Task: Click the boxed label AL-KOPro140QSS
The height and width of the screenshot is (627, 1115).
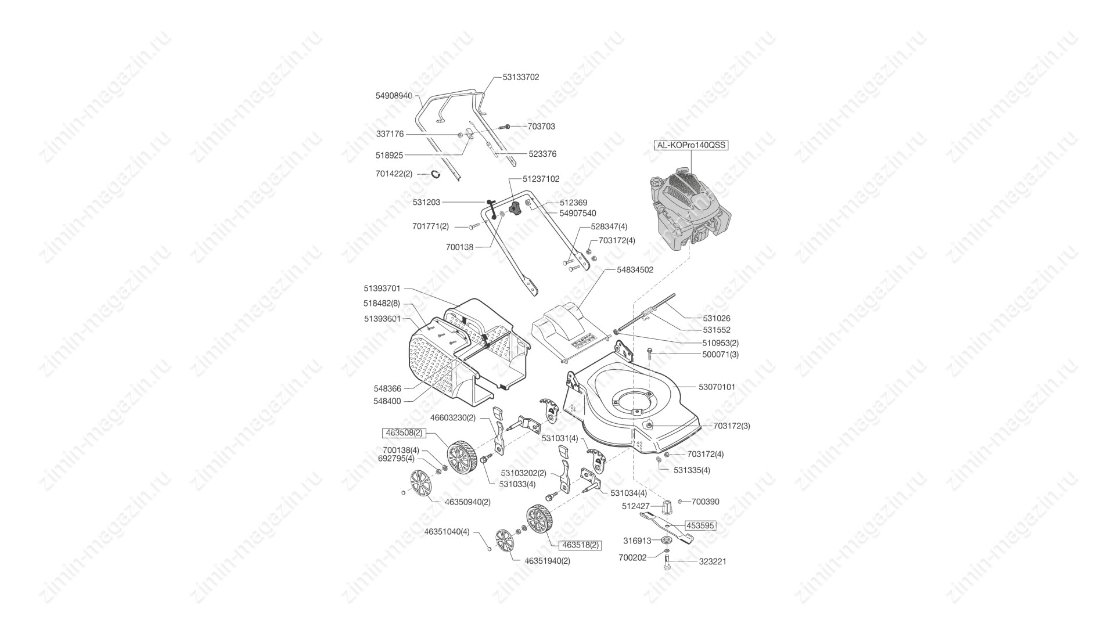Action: (691, 145)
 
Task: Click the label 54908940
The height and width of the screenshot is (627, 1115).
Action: (394, 95)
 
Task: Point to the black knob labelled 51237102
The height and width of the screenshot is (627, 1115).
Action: (513, 207)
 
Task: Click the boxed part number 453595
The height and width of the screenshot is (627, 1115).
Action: (700, 525)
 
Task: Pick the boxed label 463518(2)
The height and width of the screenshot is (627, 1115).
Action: (580, 545)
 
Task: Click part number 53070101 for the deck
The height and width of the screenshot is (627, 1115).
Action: (717, 387)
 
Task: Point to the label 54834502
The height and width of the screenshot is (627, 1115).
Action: (635, 270)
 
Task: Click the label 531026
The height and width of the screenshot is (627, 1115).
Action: (717, 318)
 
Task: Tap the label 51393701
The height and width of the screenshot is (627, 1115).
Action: (382, 289)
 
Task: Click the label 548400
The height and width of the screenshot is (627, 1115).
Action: (387, 401)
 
